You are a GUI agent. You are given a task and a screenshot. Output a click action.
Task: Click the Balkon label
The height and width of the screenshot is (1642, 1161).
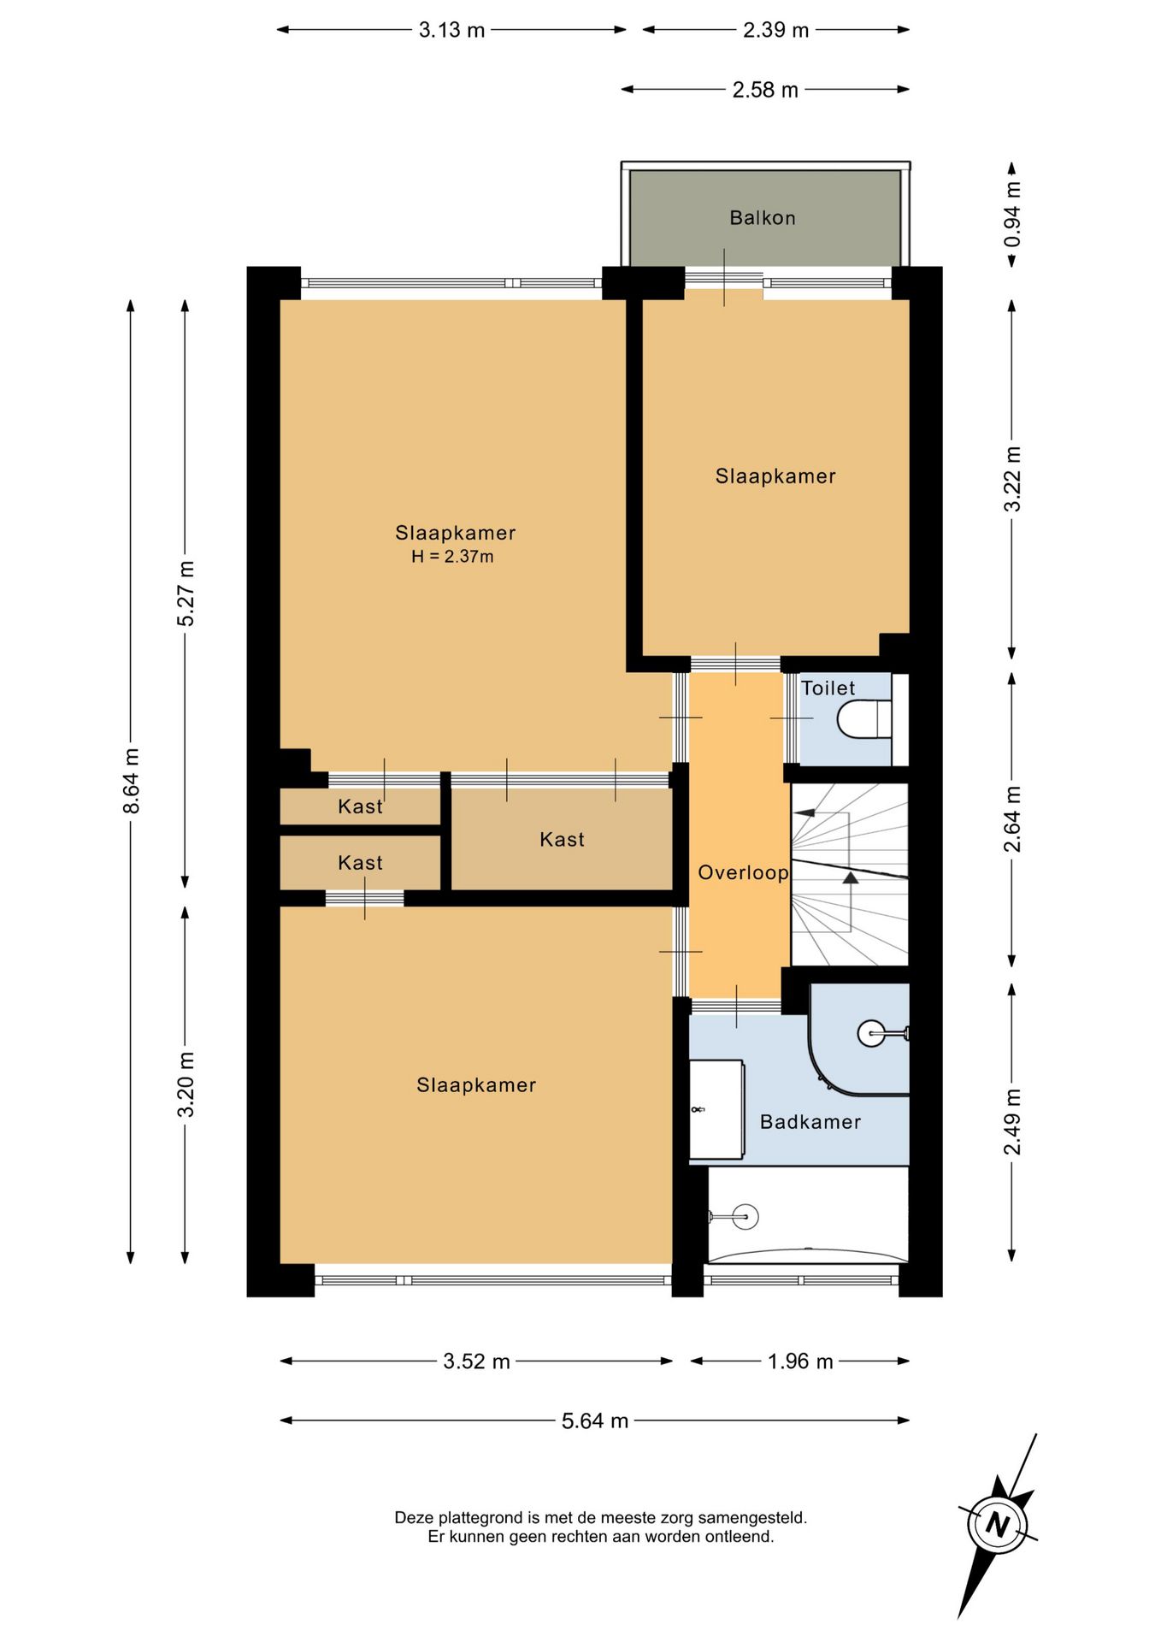point(762,218)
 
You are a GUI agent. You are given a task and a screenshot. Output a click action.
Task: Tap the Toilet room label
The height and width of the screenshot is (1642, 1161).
point(828,688)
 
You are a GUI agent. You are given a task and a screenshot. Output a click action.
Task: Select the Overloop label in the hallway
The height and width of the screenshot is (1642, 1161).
point(743,873)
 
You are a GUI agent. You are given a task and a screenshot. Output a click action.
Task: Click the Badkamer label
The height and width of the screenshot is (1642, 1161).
point(810,1122)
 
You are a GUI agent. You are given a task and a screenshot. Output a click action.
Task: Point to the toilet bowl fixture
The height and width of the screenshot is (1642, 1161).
point(864,719)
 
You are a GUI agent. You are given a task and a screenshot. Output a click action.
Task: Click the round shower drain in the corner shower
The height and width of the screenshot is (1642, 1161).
point(871,1034)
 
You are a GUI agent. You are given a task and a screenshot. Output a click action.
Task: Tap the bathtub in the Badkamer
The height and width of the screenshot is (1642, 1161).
point(808,1215)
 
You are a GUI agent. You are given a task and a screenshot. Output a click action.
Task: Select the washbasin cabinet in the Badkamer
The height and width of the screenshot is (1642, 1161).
point(716,1110)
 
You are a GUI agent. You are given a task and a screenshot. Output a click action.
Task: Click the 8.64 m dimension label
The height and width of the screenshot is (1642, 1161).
point(131,781)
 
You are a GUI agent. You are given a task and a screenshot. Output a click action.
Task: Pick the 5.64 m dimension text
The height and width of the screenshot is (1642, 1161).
point(595,1421)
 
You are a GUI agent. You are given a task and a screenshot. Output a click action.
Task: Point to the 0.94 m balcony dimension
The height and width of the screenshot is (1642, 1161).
point(1012,214)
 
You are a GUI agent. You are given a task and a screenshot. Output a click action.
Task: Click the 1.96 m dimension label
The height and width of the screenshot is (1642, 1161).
point(800,1361)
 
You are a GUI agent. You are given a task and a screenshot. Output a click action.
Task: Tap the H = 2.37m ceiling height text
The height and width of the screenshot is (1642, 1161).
point(452,557)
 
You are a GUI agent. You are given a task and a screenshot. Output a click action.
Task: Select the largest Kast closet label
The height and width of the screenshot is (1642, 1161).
point(562,840)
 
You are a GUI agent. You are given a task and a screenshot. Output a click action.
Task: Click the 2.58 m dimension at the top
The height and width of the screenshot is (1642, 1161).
point(765,90)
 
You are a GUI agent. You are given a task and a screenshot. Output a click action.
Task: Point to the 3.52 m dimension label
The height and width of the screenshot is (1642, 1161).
point(476,1361)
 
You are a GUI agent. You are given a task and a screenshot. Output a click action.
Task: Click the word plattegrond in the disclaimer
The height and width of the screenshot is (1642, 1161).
point(481,1518)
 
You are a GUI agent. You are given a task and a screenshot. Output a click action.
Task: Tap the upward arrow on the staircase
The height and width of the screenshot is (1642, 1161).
point(850,877)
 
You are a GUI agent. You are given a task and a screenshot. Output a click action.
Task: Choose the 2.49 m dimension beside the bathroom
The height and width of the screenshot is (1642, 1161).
point(1012,1122)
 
